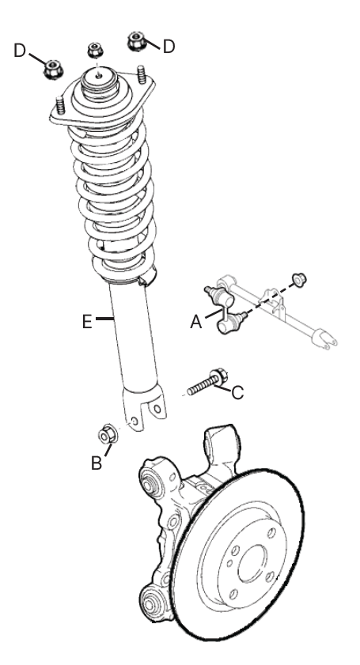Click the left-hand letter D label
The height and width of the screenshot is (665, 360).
pos(21,51)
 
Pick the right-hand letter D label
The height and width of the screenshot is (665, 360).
pos(169,46)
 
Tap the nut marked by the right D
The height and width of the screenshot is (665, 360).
pos(137,38)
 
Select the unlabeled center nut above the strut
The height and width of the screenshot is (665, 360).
pos(94,50)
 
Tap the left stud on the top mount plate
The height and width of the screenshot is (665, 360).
pos(59,107)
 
